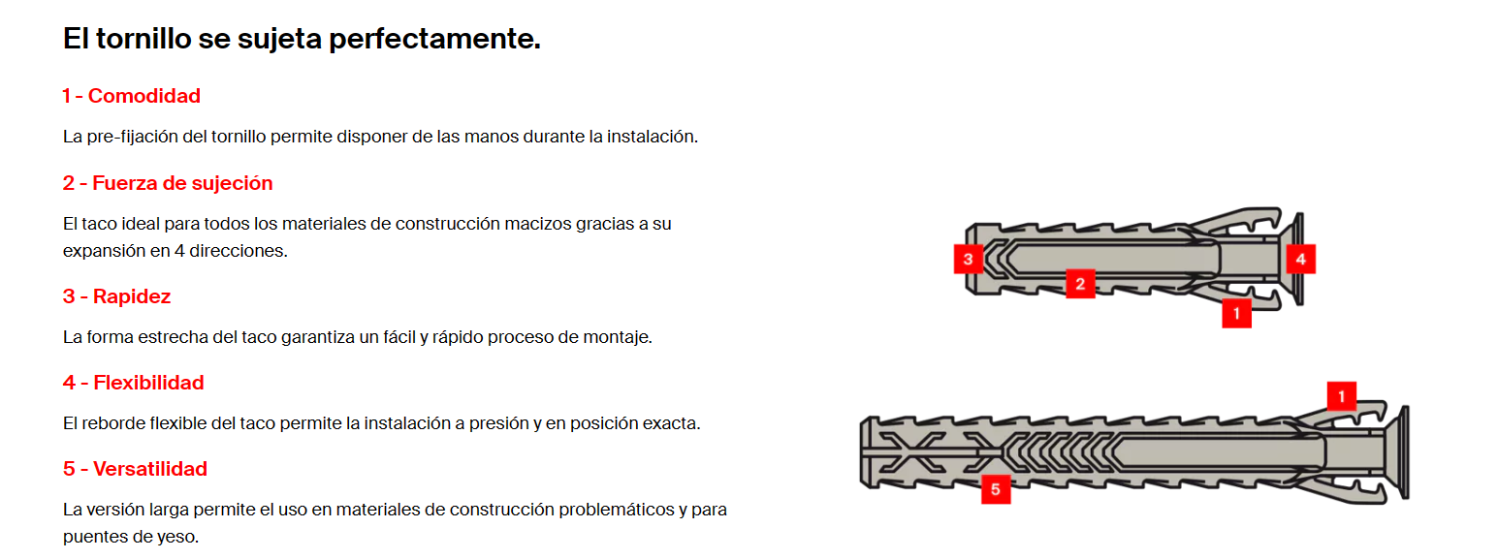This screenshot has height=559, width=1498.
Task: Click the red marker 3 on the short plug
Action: pyautogui.click(x=968, y=259)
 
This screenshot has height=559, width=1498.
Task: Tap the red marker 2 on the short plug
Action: pyautogui.click(x=1080, y=284)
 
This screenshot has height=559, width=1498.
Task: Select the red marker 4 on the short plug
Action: pyautogui.click(x=1301, y=259)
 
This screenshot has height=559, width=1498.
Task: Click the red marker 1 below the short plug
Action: pyautogui.click(x=1236, y=313)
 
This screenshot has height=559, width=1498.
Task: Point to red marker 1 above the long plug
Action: pyautogui.click(x=1342, y=396)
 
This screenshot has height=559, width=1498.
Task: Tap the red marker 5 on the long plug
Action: pyautogui.click(x=996, y=489)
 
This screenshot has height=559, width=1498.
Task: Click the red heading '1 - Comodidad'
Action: pyautogui.click(x=131, y=96)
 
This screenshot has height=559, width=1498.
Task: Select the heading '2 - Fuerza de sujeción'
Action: pyautogui.click(x=168, y=183)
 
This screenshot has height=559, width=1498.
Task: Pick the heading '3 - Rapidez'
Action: pyautogui.click(x=117, y=296)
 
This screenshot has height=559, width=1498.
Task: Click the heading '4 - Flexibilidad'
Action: pyautogui.click(x=134, y=383)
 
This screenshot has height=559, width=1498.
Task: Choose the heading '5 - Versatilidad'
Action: pyautogui.click(x=135, y=469)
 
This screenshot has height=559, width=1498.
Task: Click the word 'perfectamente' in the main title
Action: pyautogui.click(x=434, y=39)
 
